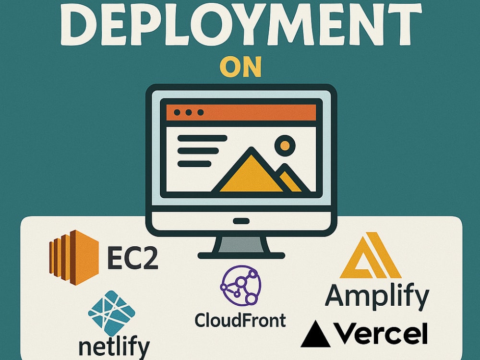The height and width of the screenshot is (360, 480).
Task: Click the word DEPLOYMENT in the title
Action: click(241, 24)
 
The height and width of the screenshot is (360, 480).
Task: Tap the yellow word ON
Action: click(241, 66)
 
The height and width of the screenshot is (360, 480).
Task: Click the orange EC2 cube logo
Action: click(74, 257)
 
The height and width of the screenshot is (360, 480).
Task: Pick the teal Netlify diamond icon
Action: click(111, 313)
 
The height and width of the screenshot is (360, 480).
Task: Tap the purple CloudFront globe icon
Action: click(240, 285)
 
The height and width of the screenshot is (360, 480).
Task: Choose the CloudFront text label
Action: click(240, 320)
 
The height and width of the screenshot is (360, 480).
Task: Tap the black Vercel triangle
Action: click(316, 334)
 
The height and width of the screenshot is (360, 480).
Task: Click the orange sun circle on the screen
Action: click(285, 145)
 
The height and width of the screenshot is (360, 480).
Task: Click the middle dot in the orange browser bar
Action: click(189, 112)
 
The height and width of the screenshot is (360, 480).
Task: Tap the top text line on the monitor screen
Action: click(203, 138)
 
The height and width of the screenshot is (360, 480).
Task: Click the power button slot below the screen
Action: click(241, 221)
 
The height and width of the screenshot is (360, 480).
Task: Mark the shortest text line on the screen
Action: click(194, 164)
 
